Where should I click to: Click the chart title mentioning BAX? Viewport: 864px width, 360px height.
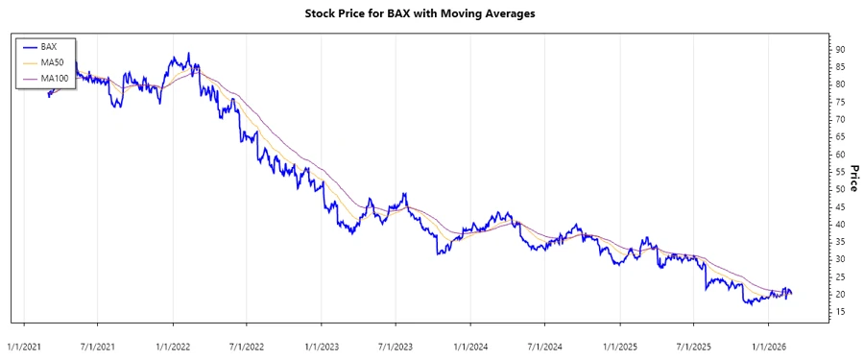[431, 13]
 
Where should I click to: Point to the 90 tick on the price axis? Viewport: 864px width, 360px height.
[838, 49]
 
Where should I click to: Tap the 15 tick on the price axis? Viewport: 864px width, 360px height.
[838, 311]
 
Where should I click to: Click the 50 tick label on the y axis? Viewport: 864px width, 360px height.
[838, 189]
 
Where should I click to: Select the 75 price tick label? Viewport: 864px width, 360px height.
[838, 102]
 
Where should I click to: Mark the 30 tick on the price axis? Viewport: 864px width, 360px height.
[838, 259]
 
